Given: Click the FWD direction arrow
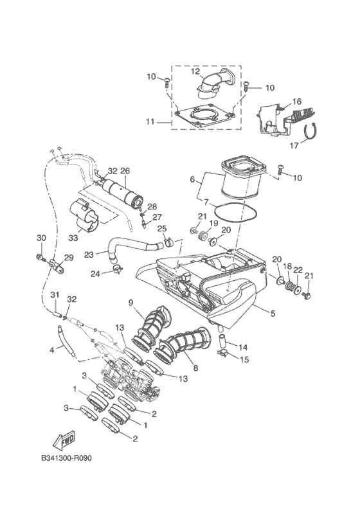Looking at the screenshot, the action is coord(64,441).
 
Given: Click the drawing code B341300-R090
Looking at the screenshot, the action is coord(67,458).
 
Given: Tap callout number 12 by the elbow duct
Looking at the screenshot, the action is coord(195,71).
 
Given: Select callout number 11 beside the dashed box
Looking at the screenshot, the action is coord(150,121).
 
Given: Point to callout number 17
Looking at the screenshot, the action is coord(294,146).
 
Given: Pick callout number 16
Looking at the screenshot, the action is coord(297,102).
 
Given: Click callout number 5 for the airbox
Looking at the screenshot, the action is coord(273,313).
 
